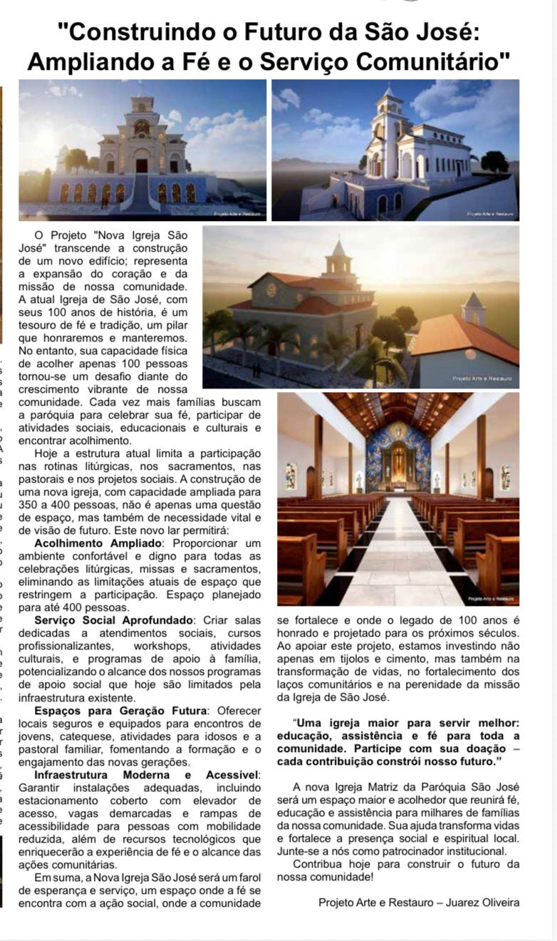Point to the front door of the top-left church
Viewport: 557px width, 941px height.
(142, 165)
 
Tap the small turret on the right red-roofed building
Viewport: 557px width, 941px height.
(472, 307)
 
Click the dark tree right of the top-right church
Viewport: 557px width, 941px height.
(494, 162)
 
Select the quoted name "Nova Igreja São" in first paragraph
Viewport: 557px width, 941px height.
(139, 235)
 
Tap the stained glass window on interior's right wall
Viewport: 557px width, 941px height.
(505, 476)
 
